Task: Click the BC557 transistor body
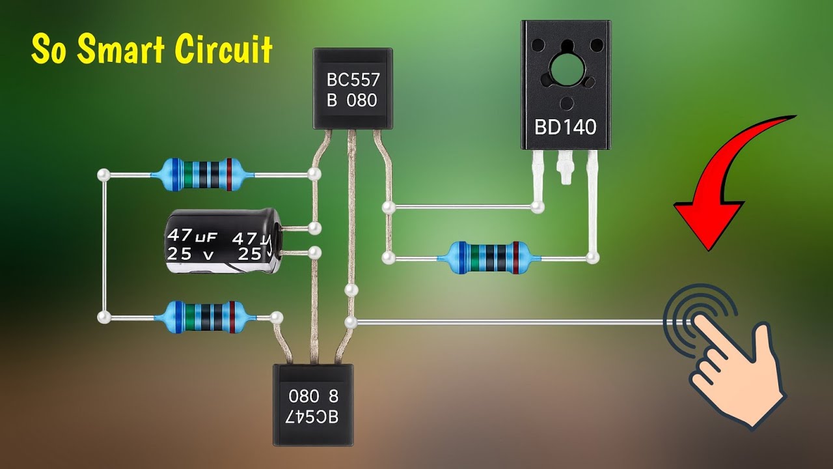tap(352, 89)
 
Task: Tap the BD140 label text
tap(565, 127)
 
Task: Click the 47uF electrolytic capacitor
tap(221, 240)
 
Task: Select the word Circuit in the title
tap(225, 50)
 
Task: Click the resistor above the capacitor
tap(201, 175)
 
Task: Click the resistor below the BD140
tap(488, 258)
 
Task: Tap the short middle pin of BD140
tap(564, 169)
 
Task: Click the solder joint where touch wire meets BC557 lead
tap(351, 321)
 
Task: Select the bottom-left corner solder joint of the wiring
tap(103, 317)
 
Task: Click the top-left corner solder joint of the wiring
tap(103, 175)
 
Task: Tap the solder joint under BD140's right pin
tap(592, 258)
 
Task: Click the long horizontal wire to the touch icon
tap(508, 322)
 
